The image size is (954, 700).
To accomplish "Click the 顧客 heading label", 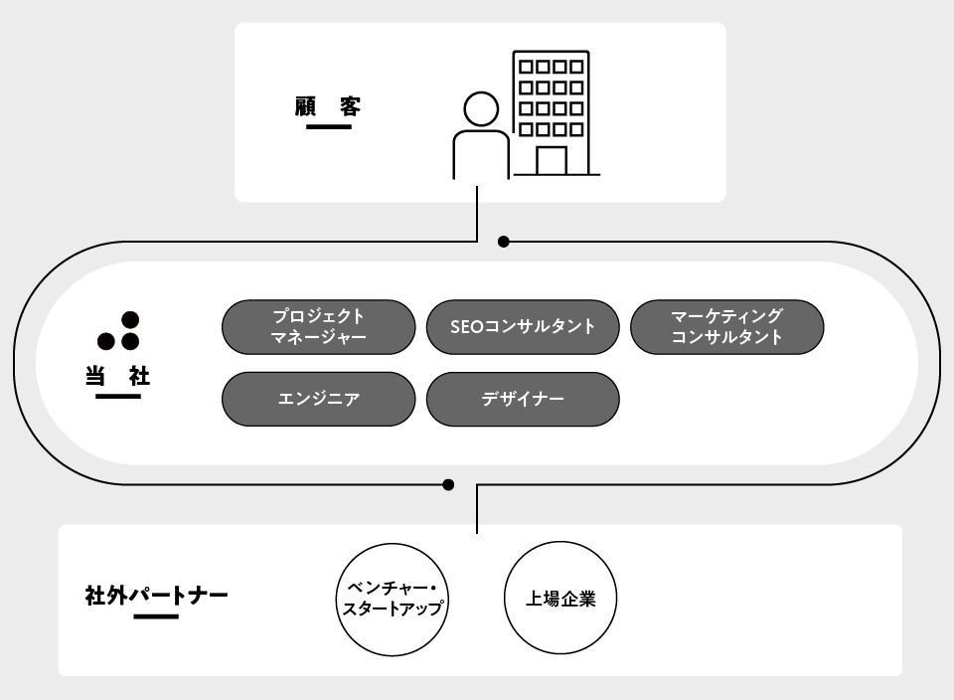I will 328,105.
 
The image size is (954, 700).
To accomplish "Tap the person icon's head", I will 481,109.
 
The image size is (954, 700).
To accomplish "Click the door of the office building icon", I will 552,160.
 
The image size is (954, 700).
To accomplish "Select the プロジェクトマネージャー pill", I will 318,327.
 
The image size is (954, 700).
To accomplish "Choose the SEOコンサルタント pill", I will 523,327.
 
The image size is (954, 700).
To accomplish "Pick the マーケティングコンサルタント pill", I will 727,327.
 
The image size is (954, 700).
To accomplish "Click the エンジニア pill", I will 318,400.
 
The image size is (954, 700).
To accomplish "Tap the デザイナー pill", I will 523,400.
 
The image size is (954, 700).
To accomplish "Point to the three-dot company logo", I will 119,333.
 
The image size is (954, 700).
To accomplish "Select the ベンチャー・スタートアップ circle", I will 391,599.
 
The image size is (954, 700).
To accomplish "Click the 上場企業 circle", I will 561,599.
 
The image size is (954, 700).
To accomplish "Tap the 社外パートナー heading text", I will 157,597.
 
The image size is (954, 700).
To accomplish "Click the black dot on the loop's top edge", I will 503,242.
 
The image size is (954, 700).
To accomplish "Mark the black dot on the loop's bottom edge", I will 448,485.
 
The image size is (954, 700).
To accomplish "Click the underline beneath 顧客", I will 329,127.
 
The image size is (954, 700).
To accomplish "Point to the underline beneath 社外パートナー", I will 156,616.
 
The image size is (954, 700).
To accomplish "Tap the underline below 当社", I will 118,397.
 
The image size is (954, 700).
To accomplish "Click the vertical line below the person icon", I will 479,212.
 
